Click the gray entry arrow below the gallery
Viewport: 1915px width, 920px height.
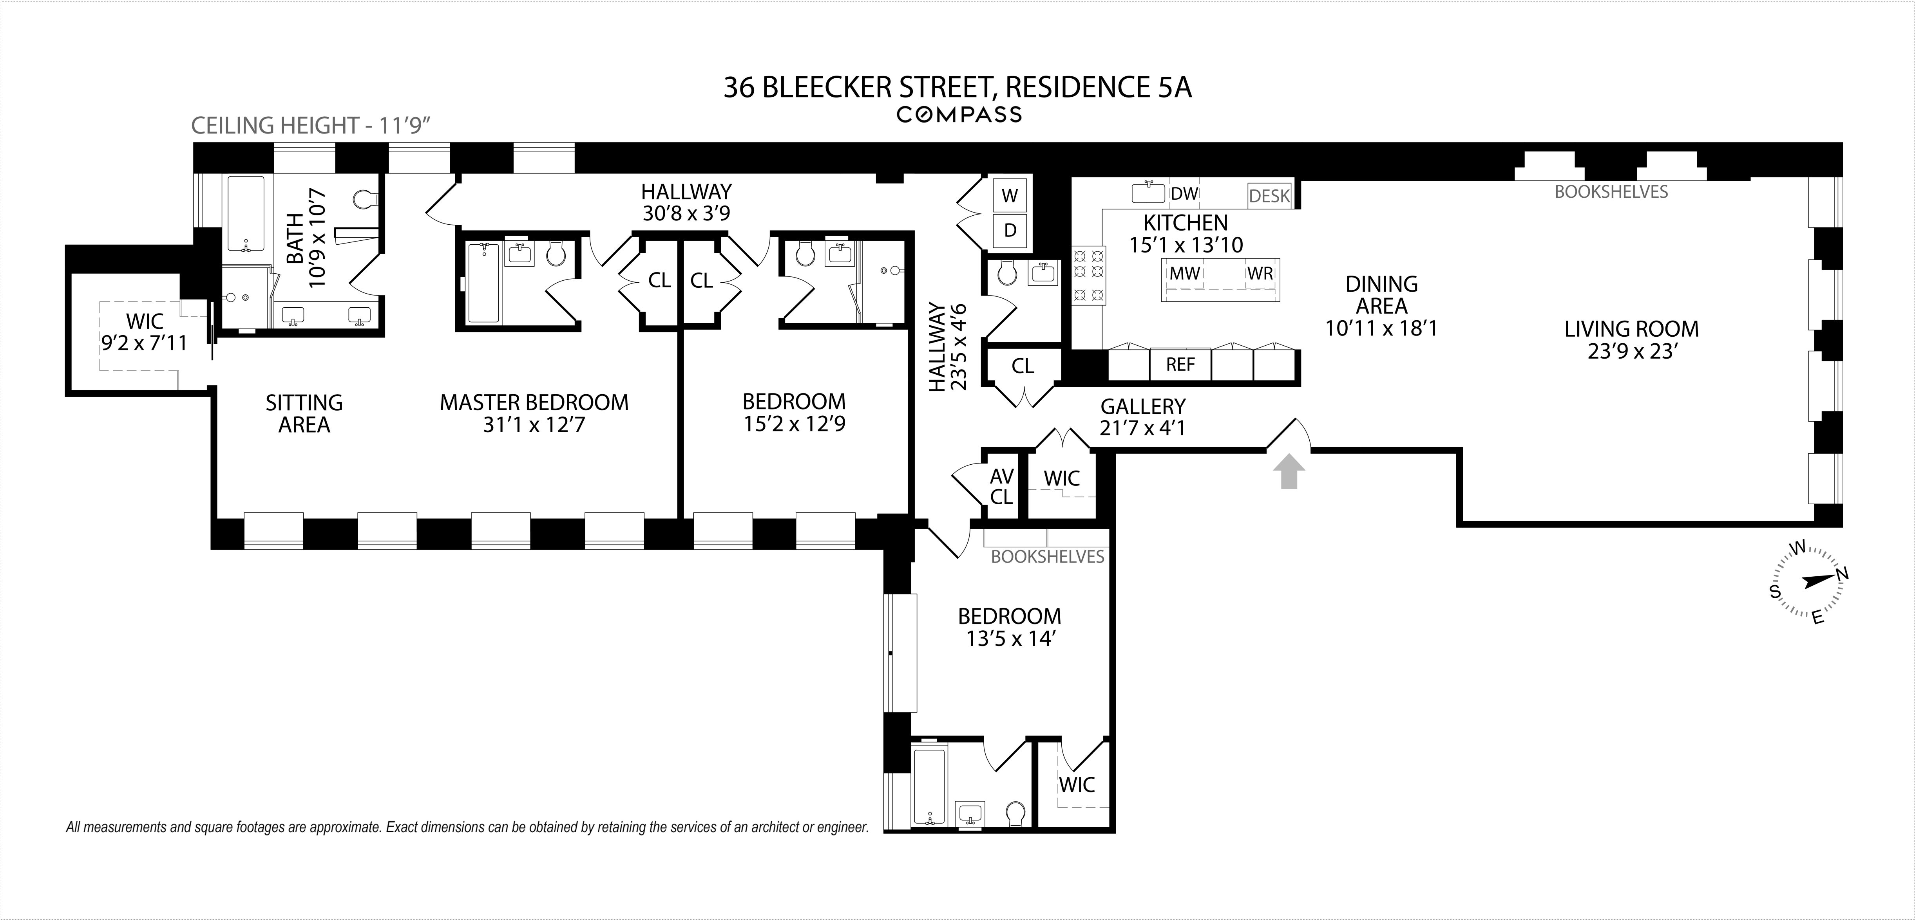tap(1288, 473)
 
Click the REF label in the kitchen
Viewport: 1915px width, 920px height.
tap(1180, 365)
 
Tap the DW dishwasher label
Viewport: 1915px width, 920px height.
tap(1184, 194)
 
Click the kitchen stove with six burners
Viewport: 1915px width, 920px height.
tap(1088, 275)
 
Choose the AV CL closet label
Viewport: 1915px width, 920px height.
tap(1001, 486)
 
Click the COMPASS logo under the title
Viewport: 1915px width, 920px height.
tap(958, 114)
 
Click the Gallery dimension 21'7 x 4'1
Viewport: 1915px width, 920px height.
tap(1142, 428)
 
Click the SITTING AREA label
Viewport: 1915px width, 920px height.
tap(304, 413)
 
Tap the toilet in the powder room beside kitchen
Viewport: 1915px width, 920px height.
tap(1006, 274)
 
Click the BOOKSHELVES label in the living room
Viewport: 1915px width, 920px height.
tap(1611, 192)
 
